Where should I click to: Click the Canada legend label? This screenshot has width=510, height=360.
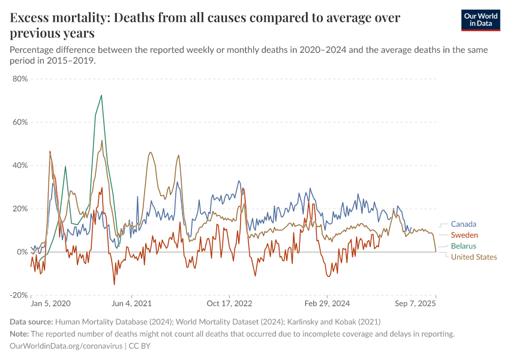click(463, 224)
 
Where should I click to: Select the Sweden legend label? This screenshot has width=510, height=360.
click(464, 235)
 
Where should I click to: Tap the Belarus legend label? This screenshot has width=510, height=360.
click(463, 246)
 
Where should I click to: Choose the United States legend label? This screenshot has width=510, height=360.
click(473, 257)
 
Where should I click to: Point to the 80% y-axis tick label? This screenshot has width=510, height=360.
click(20, 79)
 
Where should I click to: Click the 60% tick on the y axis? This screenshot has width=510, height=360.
click(20, 122)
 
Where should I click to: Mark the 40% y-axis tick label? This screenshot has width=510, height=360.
click(20, 165)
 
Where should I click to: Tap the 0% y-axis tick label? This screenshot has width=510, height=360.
click(23, 252)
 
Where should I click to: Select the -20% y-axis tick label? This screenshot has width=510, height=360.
click(19, 295)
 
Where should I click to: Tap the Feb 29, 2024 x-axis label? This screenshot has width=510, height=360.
click(326, 304)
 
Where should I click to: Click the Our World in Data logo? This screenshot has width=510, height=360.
click(481, 20)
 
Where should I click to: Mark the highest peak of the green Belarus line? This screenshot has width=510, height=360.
click(101, 95)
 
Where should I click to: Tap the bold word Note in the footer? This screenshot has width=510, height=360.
click(20, 334)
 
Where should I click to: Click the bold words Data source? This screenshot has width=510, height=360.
click(32, 322)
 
